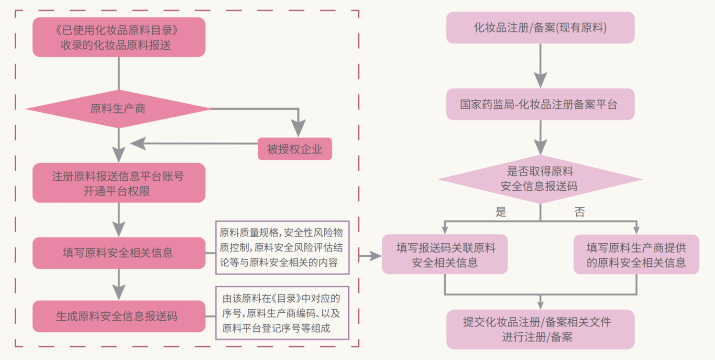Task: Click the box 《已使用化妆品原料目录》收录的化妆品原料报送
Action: tap(119, 37)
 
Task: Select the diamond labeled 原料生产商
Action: tap(118, 109)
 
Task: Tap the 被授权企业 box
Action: tap(295, 149)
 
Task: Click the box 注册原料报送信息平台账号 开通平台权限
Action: tap(119, 183)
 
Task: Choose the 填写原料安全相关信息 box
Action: tap(119, 253)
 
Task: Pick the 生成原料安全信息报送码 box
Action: tap(119, 316)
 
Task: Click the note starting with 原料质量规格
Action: tap(282, 247)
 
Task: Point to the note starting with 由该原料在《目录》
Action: tap(282, 313)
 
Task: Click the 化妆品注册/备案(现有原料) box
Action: tap(540, 28)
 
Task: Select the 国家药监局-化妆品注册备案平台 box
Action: tap(540, 104)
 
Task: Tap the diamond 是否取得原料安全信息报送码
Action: tap(540, 179)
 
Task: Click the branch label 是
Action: tap(501, 212)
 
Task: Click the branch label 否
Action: tap(579, 212)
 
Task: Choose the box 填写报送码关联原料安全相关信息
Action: tap(445, 255)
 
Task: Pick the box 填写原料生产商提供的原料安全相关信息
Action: tap(636, 255)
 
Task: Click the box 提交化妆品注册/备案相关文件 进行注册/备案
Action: tap(540, 329)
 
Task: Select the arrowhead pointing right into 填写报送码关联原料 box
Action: tap(375, 256)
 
